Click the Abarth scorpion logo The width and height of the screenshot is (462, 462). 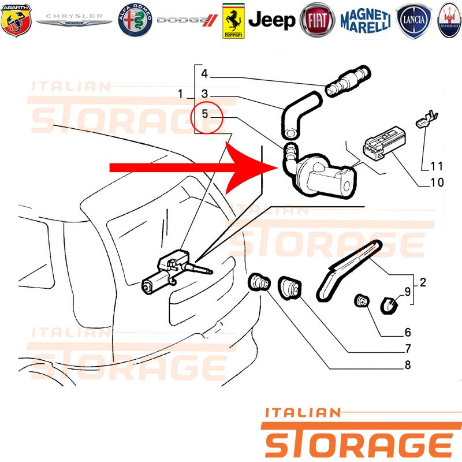point(16,20)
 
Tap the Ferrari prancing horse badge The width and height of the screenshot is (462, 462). point(233,21)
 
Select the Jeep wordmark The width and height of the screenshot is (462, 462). point(271,20)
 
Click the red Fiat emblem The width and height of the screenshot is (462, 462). point(317,20)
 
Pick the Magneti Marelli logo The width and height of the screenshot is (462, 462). point(366,21)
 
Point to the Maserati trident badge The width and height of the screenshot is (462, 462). point(449,20)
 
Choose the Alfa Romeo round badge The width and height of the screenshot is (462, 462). point(135,20)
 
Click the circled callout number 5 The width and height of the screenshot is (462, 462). point(205,114)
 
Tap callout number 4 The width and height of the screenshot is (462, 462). point(204,73)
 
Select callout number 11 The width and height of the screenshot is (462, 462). point(437,166)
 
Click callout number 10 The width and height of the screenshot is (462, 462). point(437,182)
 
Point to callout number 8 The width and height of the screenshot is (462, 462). point(408,365)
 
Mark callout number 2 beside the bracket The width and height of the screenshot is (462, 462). point(423,282)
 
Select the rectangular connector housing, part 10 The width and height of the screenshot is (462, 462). point(384,141)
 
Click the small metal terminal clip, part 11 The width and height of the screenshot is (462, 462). point(427,119)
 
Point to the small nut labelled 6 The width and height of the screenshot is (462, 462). point(362,300)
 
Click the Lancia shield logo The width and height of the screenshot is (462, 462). point(413,21)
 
